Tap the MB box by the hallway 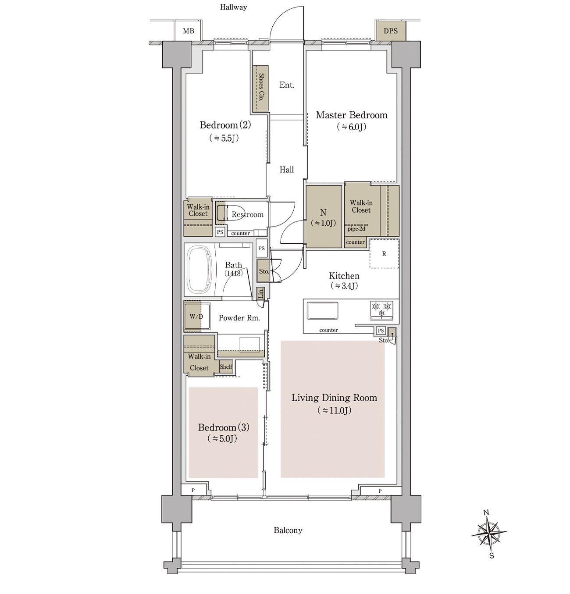188,31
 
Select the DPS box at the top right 391,31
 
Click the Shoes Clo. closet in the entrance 261,88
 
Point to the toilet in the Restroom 222,213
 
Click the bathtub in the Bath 199,269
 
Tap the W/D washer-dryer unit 197,316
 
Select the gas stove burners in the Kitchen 381,310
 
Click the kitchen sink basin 322,310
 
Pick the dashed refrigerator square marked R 384,254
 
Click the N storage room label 323,212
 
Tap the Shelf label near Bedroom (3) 226,366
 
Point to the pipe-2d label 356,229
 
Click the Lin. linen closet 260,294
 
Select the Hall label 287,170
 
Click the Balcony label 288,530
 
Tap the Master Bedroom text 352,115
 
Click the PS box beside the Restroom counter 220,232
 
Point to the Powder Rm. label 239,318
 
